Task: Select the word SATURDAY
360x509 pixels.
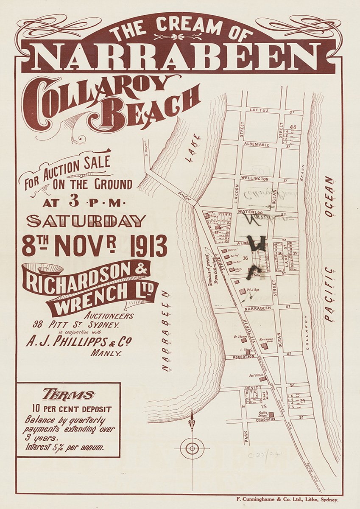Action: coord(87,221)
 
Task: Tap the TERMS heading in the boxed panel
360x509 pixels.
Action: coord(68,395)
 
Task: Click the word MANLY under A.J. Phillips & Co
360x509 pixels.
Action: coord(106,352)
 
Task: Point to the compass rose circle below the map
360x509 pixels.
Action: coord(192,448)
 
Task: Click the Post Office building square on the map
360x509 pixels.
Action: coord(263,379)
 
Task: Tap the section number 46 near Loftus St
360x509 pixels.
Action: coord(293,127)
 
